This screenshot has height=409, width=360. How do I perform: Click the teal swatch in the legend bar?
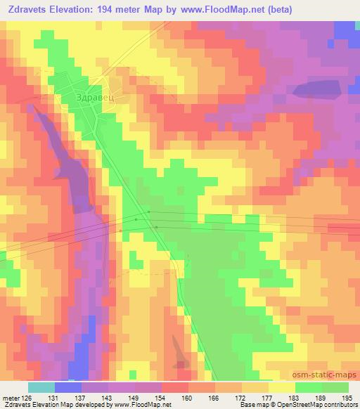(41, 387)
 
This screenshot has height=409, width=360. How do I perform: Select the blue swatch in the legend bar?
(68, 387)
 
